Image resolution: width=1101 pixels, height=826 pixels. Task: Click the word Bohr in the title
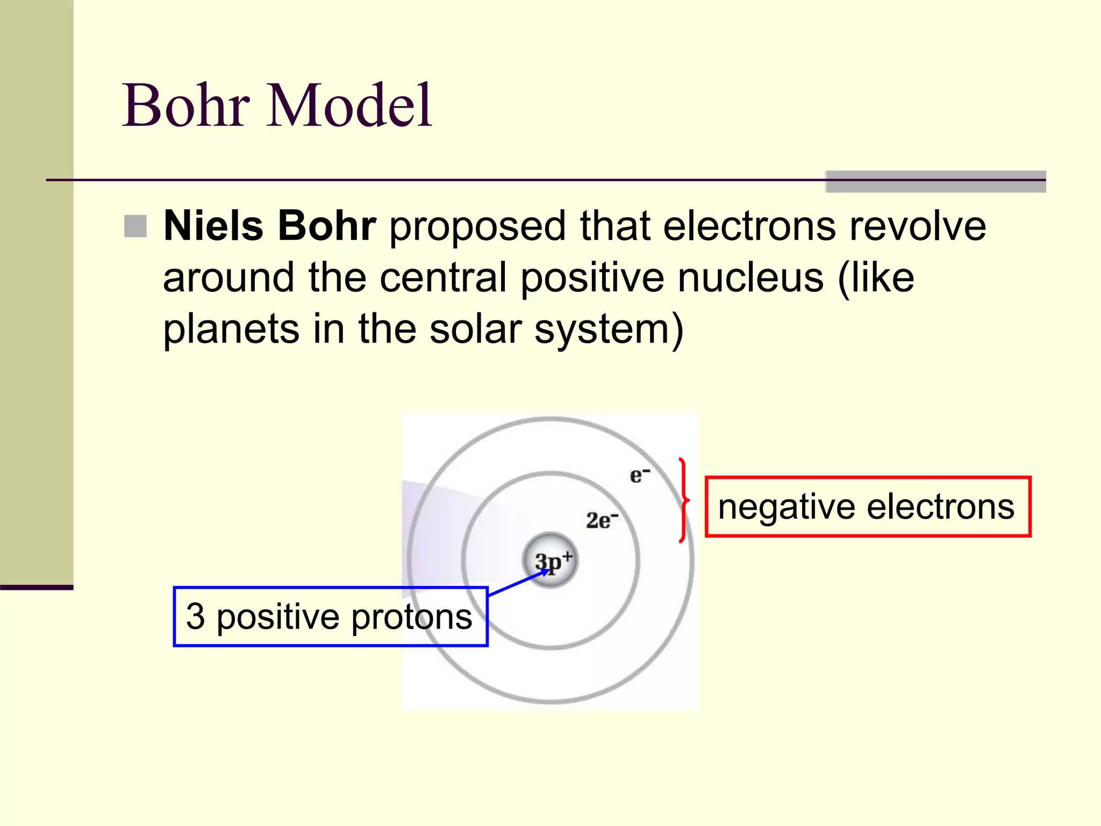pyautogui.click(x=185, y=105)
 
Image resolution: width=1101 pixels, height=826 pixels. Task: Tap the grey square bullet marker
pyautogui.click(x=135, y=226)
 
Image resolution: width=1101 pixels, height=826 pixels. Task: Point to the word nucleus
pyautogui.click(x=750, y=278)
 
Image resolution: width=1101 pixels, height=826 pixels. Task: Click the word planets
pyautogui.click(x=231, y=329)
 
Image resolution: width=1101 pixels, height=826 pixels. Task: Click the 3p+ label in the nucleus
pyautogui.click(x=554, y=561)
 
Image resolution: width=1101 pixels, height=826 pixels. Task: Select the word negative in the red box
pyautogui.click(x=786, y=508)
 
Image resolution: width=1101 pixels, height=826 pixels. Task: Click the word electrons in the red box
pyautogui.click(x=940, y=507)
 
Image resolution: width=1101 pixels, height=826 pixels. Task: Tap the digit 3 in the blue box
pyautogui.click(x=196, y=616)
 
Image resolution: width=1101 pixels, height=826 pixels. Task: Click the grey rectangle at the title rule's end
pyautogui.click(x=935, y=182)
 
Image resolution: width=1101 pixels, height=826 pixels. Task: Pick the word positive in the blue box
pyautogui.click(x=277, y=617)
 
